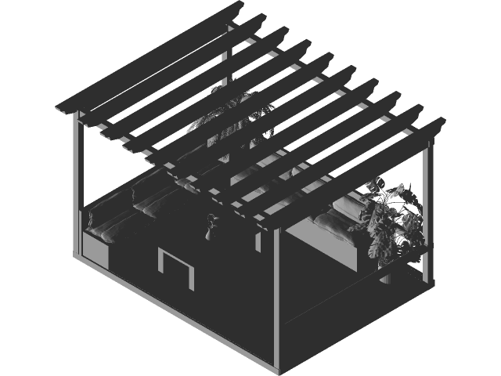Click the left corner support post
(79, 188)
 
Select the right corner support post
(427, 211)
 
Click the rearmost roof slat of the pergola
(149, 59)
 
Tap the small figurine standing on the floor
(210, 228)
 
